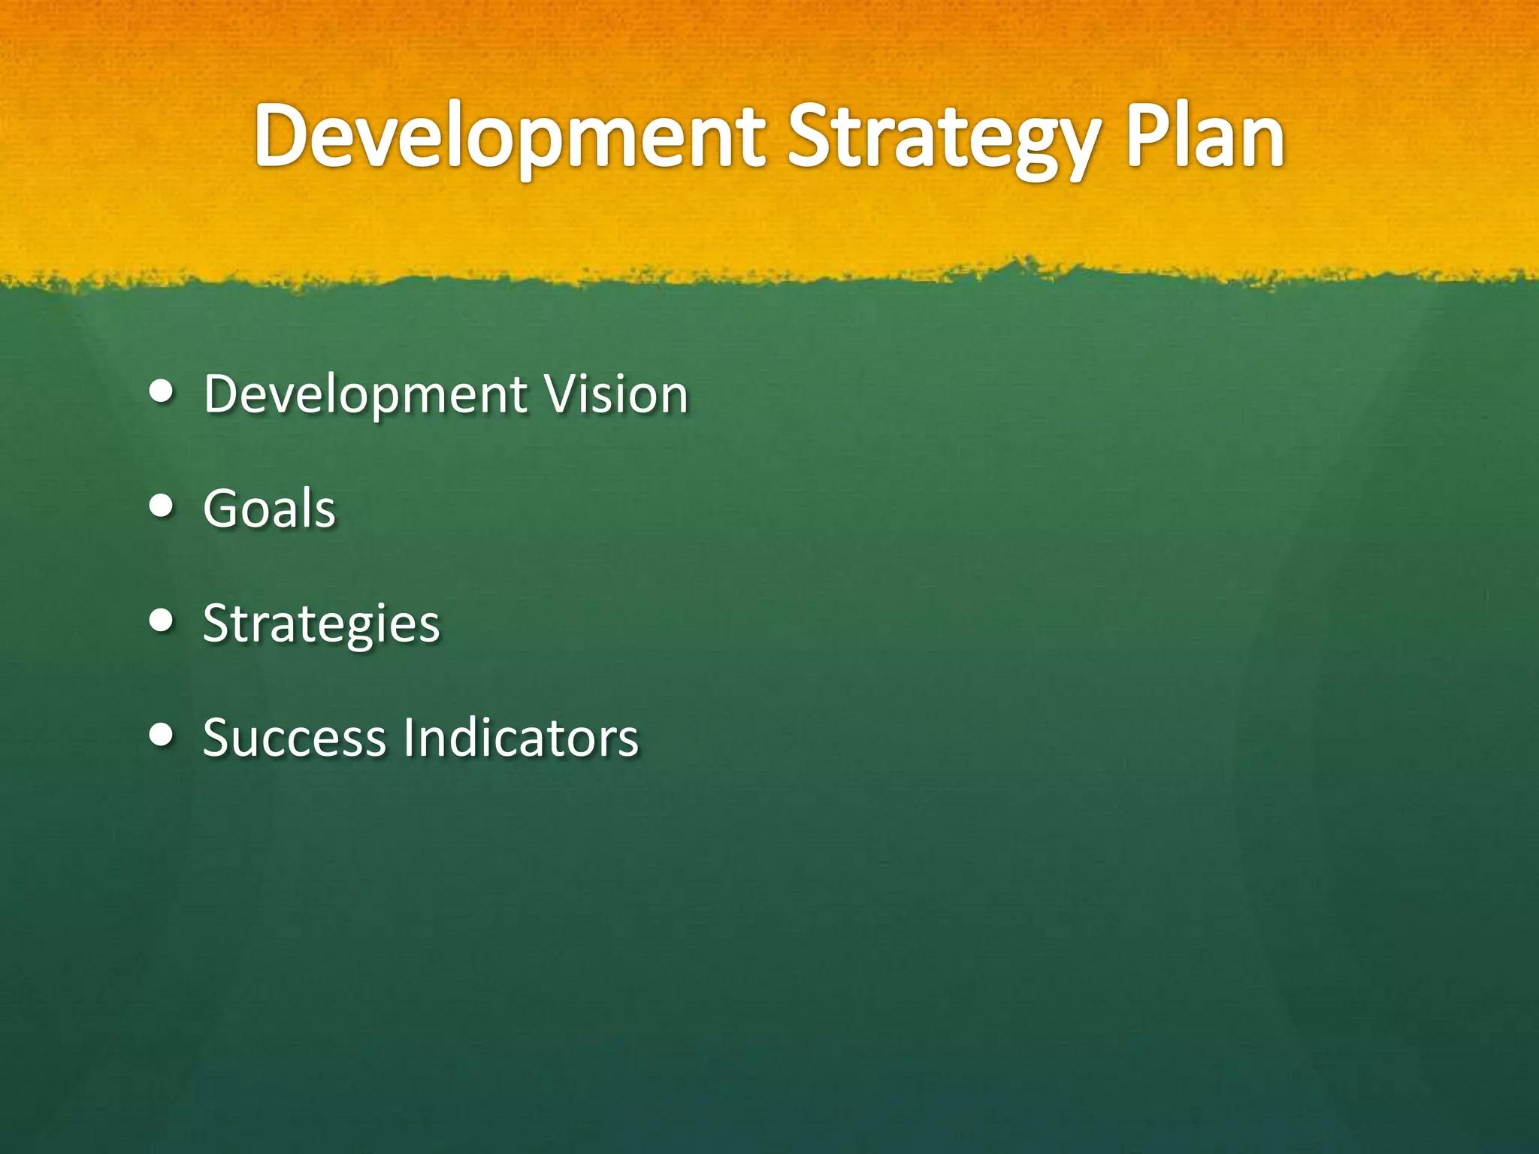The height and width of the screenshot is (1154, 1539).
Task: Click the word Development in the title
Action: [509, 137]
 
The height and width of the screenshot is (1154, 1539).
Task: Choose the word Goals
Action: [269, 509]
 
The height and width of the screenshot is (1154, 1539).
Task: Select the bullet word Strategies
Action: [321, 624]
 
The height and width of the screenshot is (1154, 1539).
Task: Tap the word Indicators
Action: [521, 738]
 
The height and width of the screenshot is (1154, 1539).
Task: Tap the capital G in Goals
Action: [224, 509]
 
